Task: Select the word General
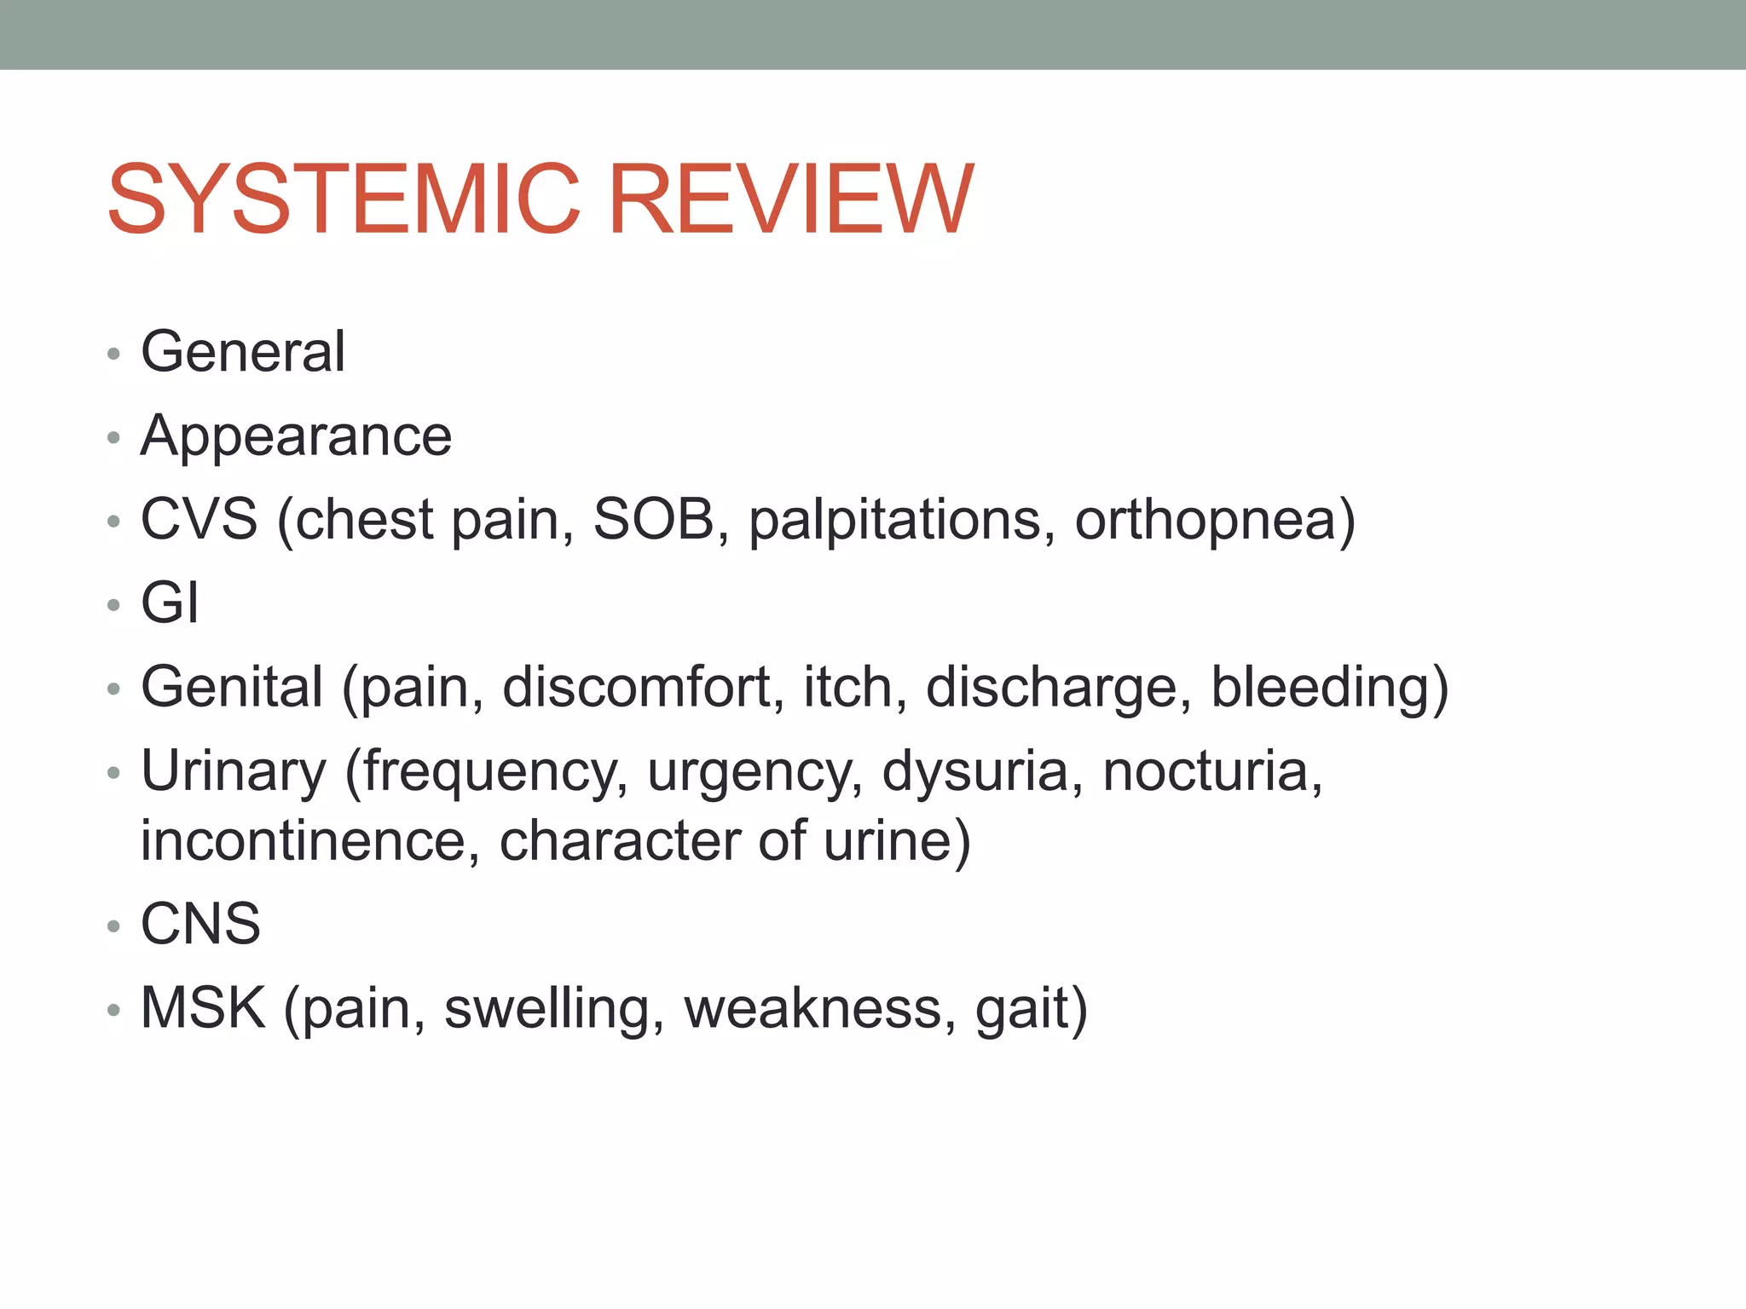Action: tap(243, 351)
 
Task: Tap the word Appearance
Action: tap(296, 436)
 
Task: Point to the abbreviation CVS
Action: tap(199, 519)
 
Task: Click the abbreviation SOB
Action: tap(654, 519)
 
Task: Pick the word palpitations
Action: tap(895, 521)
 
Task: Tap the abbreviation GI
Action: tap(170, 603)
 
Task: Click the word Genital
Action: tap(232, 687)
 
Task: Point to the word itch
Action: tap(847, 687)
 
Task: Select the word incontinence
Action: tap(304, 840)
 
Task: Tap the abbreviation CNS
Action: tap(200, 923)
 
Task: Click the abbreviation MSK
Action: tap(203, 1007)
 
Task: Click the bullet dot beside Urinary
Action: tap(114, 774)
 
